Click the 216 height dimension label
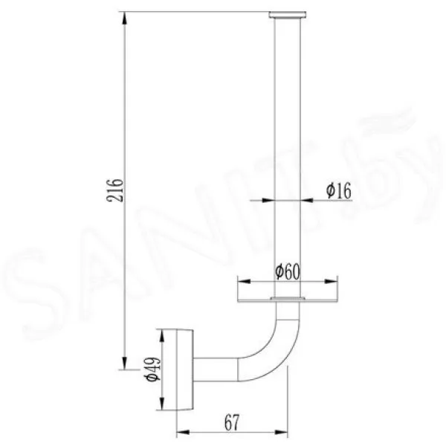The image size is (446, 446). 115,190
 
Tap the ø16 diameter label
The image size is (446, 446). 339,191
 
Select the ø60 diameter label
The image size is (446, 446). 288,272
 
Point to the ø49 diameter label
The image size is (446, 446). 152,369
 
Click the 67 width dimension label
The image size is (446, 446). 232,423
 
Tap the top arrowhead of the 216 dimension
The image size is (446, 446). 124,19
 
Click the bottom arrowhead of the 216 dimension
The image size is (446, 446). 124,363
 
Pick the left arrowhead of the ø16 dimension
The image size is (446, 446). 268,200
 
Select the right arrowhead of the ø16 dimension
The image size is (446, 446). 306,200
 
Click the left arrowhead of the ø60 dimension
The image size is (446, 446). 245,281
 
